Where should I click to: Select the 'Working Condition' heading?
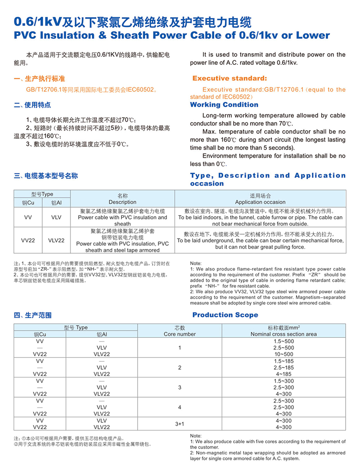224,105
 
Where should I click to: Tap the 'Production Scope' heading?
225,315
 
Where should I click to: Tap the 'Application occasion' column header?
260,202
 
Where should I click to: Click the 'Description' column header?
122,202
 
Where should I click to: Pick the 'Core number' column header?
180,334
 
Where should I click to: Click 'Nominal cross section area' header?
283,334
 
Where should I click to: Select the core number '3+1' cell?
180,424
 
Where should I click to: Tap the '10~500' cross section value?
283,354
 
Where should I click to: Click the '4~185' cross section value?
283,374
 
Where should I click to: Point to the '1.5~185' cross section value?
283,361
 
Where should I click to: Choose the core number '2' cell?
180,368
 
